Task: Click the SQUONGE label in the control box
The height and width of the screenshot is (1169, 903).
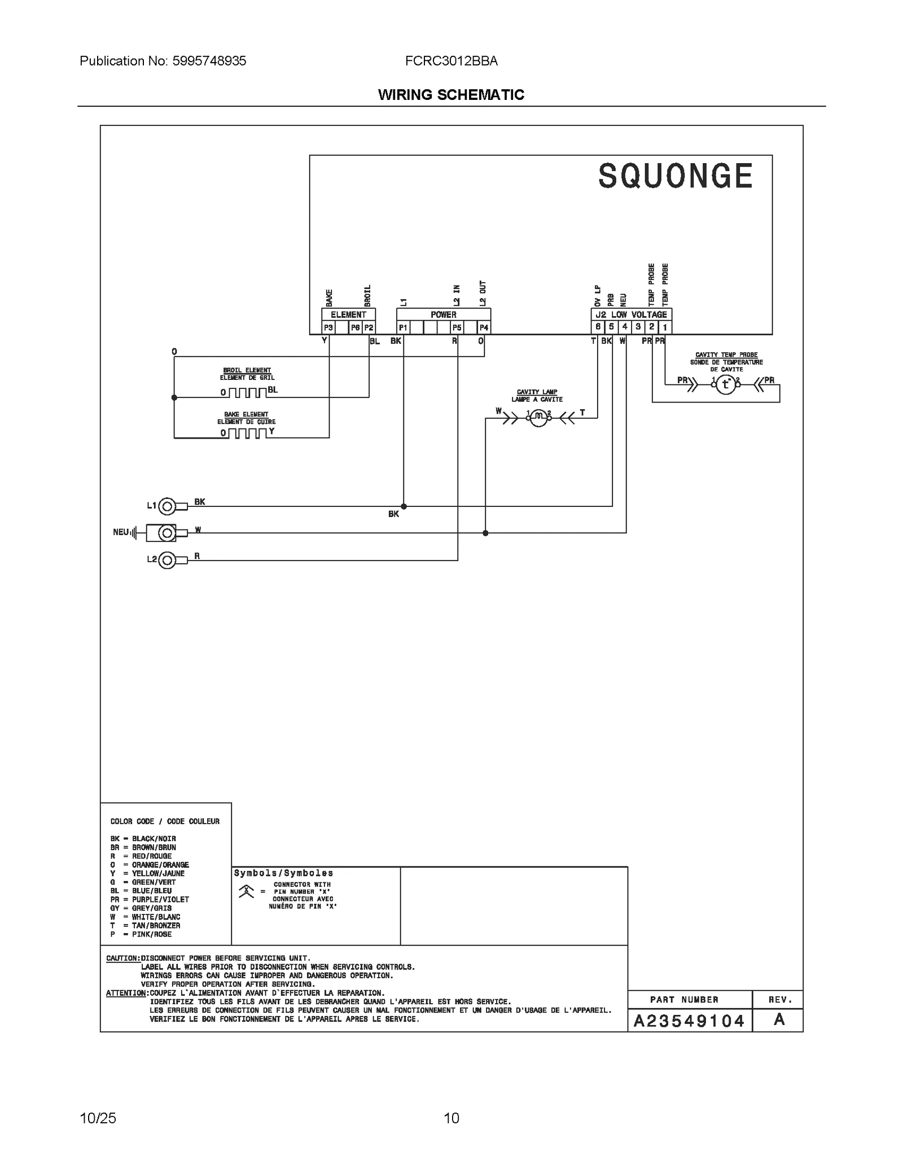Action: coord(676,176)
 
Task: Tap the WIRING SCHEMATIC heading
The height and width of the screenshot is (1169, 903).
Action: coord(451,95)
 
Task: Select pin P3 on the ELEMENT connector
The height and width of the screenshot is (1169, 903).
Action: coord(328,327)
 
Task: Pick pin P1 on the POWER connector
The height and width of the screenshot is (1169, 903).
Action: coord(403,327)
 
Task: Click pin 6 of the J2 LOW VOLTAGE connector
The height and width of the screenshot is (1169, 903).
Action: coord(598,327)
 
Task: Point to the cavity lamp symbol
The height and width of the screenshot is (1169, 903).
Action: coord(538,418)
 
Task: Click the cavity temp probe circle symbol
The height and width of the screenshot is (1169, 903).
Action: coord(726,385)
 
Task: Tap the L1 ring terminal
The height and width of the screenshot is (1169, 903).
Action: coord(167,507)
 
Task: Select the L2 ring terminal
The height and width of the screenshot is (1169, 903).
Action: coord(167,560)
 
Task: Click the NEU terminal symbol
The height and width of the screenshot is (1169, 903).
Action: coord(166,532)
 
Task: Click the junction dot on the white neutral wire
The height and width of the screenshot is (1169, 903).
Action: coord(485,533)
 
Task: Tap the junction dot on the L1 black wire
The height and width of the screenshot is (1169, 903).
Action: coord(404,507)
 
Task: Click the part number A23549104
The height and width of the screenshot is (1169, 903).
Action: coord(689,1021)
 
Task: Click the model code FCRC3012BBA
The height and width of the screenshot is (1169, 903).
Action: coord(451,61)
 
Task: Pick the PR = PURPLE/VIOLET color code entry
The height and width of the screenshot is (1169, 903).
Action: coord(150,900)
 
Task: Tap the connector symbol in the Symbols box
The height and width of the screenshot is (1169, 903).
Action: coord(246,892)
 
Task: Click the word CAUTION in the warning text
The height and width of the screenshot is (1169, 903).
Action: coord(122,958)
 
